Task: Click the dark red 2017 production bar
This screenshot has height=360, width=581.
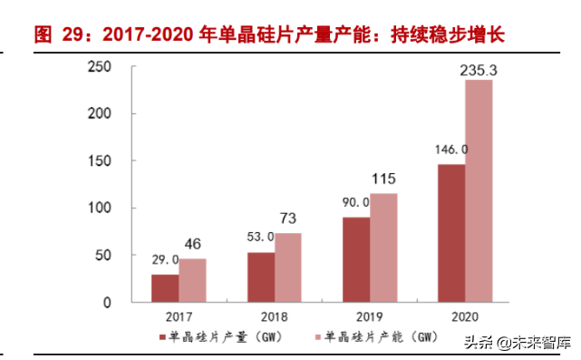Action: click(x=165, y=287)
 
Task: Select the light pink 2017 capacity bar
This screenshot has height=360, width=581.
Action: click(x=192, y=280)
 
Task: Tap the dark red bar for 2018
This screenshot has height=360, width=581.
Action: click(x=261, y=277)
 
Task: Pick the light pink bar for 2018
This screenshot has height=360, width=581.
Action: click(x=288, y=268)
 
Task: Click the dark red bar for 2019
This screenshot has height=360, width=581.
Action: click(x=356, y=259)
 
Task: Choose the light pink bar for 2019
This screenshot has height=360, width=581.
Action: click(x=383, y=248)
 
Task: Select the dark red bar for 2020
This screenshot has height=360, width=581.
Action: click(x=451, y=233)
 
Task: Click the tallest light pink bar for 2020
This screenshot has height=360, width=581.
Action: click(x=479, y=190)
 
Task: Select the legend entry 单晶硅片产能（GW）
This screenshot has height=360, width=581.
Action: click(x=366, y=338)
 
